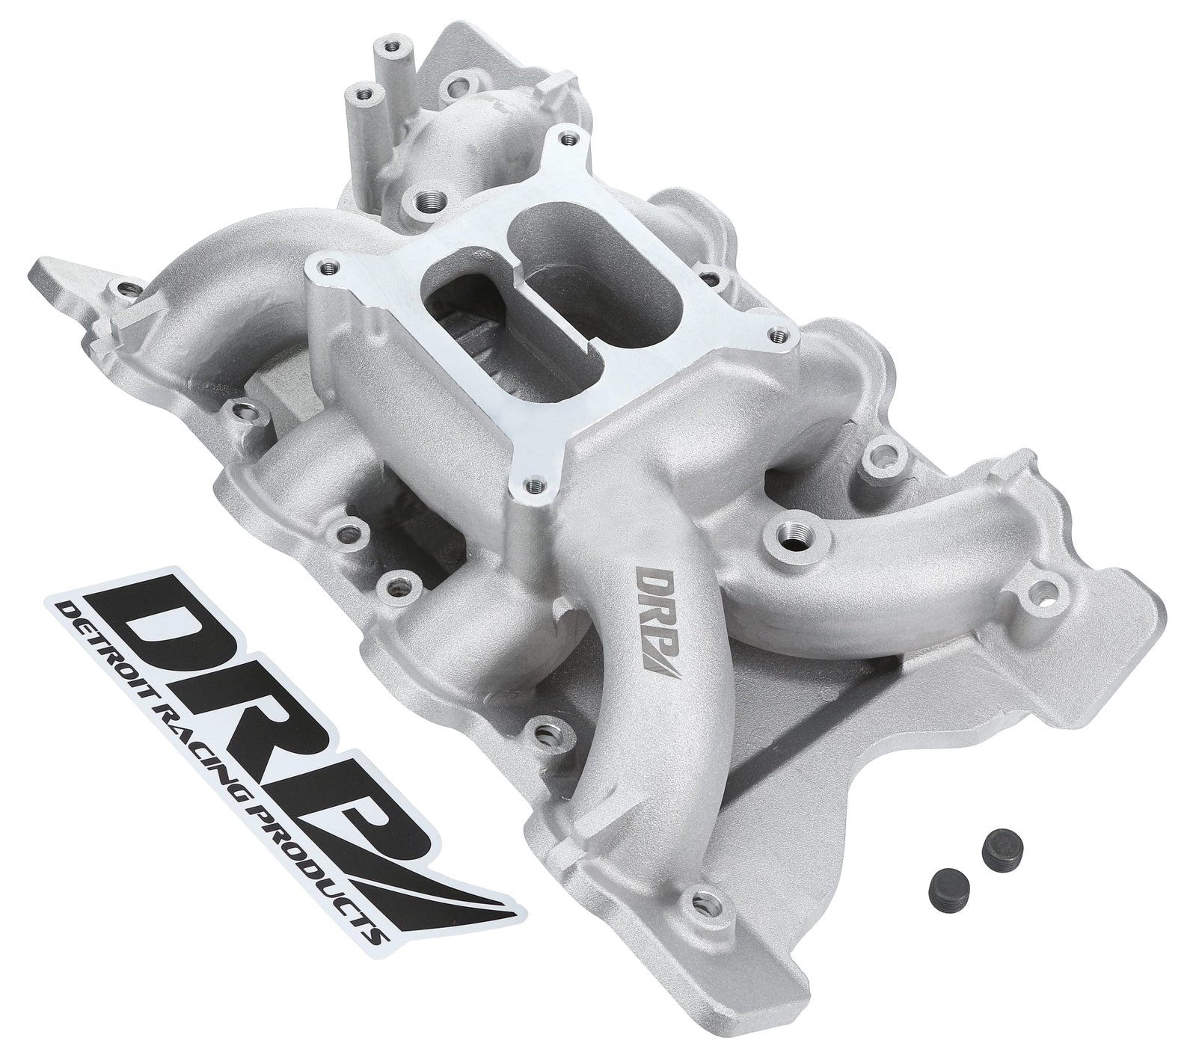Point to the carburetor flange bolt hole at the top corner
click(571, 138)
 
